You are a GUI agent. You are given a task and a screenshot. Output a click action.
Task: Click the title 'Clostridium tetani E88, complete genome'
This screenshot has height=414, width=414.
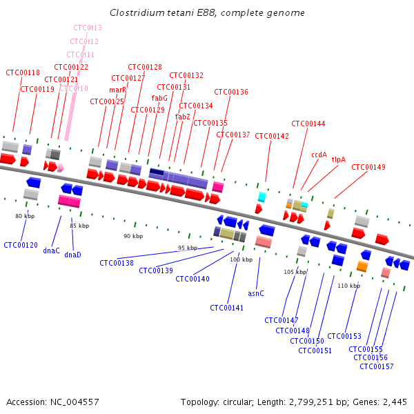[x=207, y=13]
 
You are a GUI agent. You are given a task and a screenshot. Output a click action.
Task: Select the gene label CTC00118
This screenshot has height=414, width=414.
[x=23, y=72]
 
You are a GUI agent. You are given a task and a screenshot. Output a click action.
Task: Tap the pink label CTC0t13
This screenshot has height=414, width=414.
[x=88, y=28]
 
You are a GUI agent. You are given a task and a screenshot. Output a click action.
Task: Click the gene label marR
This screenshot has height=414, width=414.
[x=117, y=90]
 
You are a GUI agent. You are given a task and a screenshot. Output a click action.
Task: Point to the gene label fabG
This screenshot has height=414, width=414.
[x=159, y=98]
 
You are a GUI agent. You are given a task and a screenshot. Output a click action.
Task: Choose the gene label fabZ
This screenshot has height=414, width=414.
[x=182, y=117]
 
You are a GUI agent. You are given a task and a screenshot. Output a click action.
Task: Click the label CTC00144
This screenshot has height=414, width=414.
[x=308, y=124]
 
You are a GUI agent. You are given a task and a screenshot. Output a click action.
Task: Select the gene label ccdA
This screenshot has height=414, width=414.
[x=319, y=155]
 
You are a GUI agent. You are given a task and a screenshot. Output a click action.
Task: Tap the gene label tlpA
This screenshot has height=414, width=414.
[x=338, y=159]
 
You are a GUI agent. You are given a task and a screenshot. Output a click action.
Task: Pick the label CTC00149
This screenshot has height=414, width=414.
[x=368, y=167]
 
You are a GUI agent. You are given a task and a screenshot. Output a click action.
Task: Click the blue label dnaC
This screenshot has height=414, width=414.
[x=51, y=250]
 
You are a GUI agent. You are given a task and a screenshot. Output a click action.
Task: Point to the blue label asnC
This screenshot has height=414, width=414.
[x=255, y=293]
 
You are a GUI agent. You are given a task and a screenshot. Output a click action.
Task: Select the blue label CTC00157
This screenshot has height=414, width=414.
[x=376, y=366]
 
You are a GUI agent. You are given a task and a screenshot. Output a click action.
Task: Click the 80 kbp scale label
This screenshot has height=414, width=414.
[x=25, y=216]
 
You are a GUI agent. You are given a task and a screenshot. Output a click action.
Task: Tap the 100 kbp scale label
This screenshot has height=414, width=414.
[x=241, y=259]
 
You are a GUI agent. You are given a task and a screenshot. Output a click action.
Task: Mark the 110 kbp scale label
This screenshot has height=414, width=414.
[x=348, y=286]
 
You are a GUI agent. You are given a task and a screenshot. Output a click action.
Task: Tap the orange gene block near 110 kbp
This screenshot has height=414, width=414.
[x=362, y=266]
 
